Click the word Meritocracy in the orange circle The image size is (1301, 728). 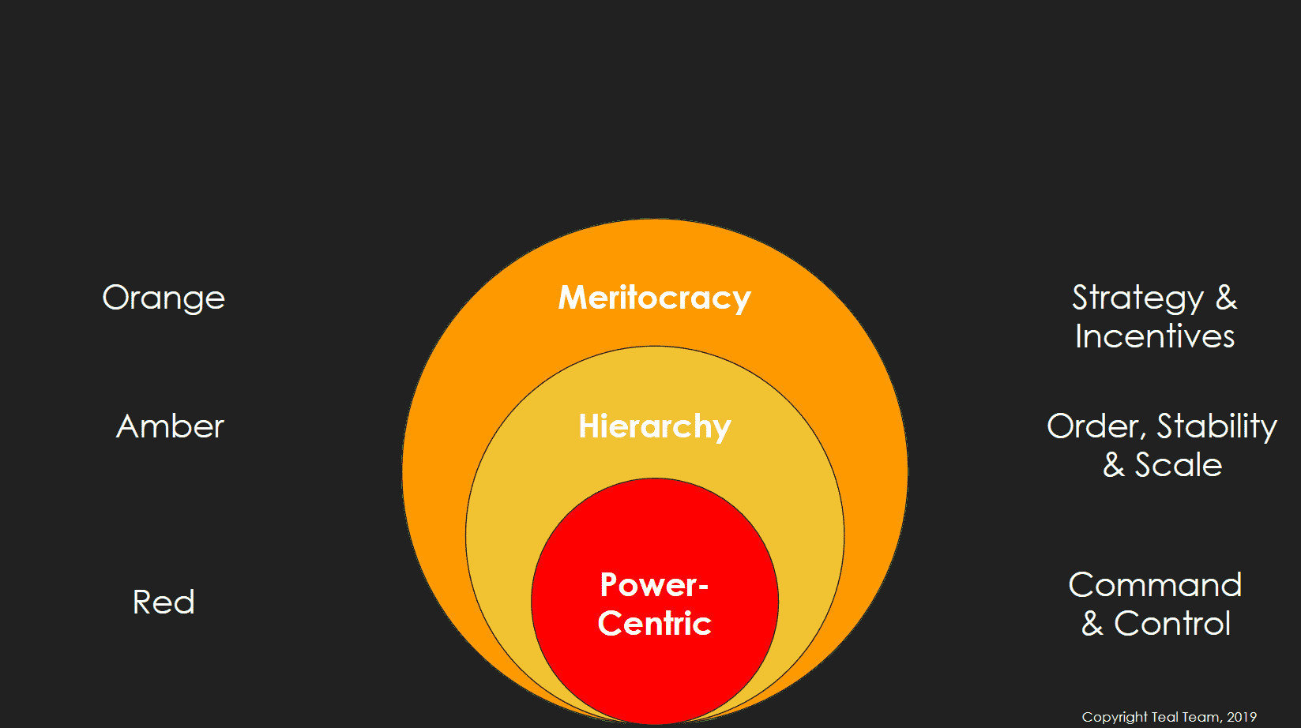pos(654,298)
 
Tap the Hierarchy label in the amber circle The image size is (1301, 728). pos(654,426)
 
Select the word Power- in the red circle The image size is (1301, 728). pos(653,585)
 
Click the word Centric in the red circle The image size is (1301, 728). pos(654,624)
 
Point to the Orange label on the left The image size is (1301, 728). pos(164,298)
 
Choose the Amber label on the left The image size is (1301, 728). pos(170,426)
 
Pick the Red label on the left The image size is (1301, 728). pos(164,602)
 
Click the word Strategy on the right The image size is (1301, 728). pos(1137,298)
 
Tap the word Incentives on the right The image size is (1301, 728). pos(1155,337)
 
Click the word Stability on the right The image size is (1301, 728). pos(1216,426)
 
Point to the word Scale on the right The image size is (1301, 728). pos(1179,465)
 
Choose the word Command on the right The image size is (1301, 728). pos(1155,585)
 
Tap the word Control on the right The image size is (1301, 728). pos(1172,624)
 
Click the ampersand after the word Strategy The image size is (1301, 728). pos(1226,298)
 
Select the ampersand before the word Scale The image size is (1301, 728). pos(1114,465)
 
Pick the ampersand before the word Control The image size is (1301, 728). pos(1092,624)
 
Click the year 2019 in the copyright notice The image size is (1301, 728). pos(1242,717)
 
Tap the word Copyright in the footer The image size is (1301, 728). pos(1115,717)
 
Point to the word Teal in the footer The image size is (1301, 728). pos(1164,717)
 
